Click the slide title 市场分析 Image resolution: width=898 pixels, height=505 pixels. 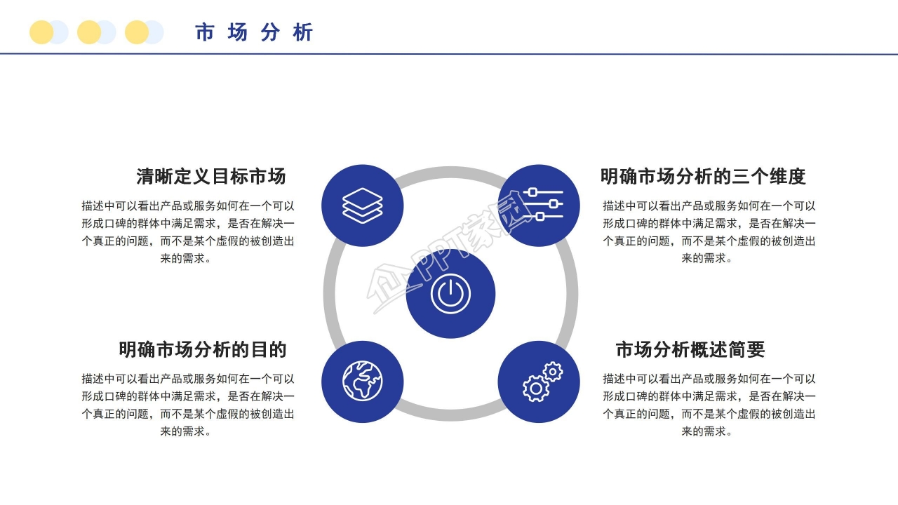coord(254,32)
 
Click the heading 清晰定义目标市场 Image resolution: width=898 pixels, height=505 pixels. coord(211,176)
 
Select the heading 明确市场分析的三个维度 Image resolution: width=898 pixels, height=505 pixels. coord(703,176)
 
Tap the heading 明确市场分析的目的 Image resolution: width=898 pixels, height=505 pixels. coord(203,349)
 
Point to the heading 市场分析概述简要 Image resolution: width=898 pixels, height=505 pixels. coord(690,349)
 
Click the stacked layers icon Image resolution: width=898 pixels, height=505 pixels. coord(362,206)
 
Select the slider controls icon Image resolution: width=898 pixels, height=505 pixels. coord(539,206)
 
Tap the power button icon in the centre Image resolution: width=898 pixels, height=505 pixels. coord(450,294)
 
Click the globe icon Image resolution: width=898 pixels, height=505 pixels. coord(362,382)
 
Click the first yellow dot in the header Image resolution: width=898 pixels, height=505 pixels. coord(41,32)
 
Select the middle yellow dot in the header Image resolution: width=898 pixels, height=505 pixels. coord(89,32)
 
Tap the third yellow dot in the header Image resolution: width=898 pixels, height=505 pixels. coord(137,32)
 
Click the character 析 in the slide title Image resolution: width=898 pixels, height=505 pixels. coord(304,32)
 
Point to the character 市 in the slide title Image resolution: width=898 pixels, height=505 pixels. coord(204,32)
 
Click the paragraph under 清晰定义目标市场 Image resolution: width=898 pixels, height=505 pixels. coord(187,232)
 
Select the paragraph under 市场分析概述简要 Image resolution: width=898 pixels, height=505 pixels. coord(709,405)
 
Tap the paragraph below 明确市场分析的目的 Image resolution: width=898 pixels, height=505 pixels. coord(187,405)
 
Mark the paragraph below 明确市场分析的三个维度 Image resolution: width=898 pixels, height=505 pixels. coord(709,232)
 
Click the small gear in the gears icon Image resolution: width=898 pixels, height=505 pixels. coord(553,371)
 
